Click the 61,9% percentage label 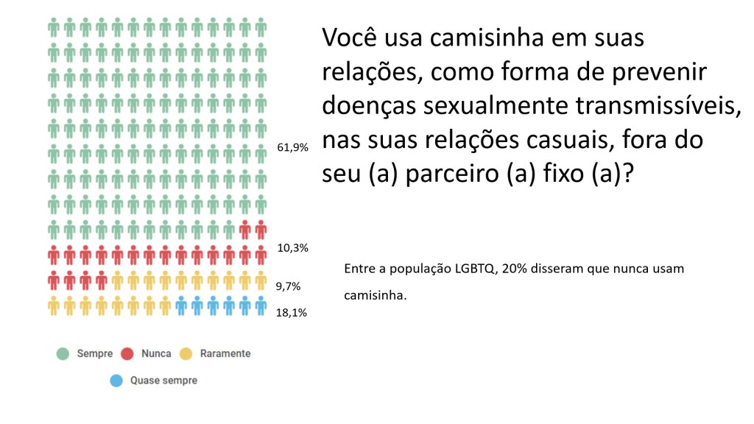pyautogui.click(x=292, y=147)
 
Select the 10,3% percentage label pyautogui.click(x=292, y=248)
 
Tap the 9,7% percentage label pyautogui.click(x=288, y=286)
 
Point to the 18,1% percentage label pyautogui.click(x=292, y=312)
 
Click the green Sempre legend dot pyautogui.click(x=64, y=354)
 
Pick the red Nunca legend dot pyautogui.click(x=127, y=354)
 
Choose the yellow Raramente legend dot pyautogui.click(x=187, y=354)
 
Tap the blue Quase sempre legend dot pyautogui.click(x=116, y=381)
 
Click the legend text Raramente pyautogui.click(x=225, y=354)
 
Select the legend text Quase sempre pyautogui.click(x=163, y=381)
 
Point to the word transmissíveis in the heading pyautogui.click(x=662, y=105)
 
